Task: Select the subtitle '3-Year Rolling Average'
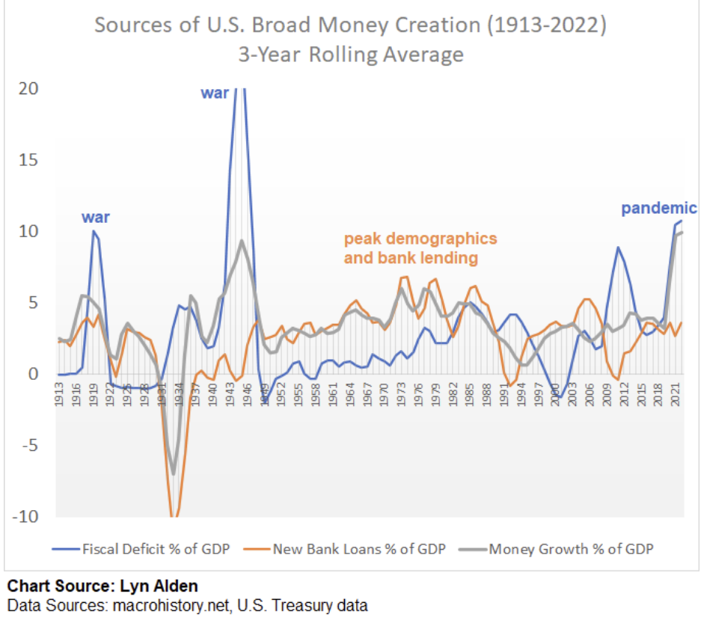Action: [x=350, y=55]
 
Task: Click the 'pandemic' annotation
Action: [x=658, y=209]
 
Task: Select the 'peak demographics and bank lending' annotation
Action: [x=420, y=249]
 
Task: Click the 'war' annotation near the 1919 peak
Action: [x=96, y=218]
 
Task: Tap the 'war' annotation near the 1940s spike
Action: [x=215, y=93]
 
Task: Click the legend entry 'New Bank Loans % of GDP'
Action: [x=359, y=549]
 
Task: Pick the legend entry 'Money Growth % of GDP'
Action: [x=571, y=549]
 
